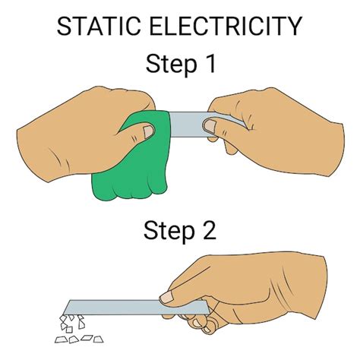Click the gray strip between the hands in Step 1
[x=186, y=122]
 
